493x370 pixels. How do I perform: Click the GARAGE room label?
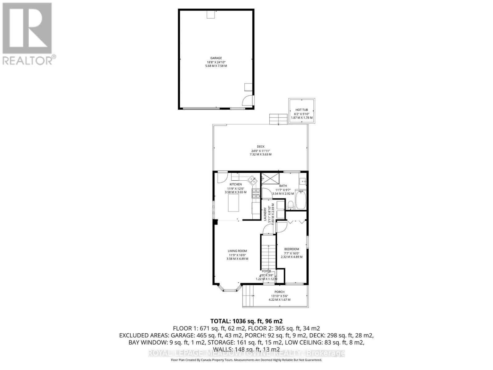click(x=216, y=58)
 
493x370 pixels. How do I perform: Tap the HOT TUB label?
click(x=302, y=110)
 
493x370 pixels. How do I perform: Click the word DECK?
click(x=261, y=146)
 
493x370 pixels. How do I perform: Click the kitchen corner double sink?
click(x=252, y=179)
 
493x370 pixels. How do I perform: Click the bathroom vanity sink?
click(x=303, y=181)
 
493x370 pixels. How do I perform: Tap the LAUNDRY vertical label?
click(x=265, y=213)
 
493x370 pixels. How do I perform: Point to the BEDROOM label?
click(x=291, y=249)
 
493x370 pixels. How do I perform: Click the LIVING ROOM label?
click(x=237, y=251)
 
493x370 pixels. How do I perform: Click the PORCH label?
click(x=279, y=292)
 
